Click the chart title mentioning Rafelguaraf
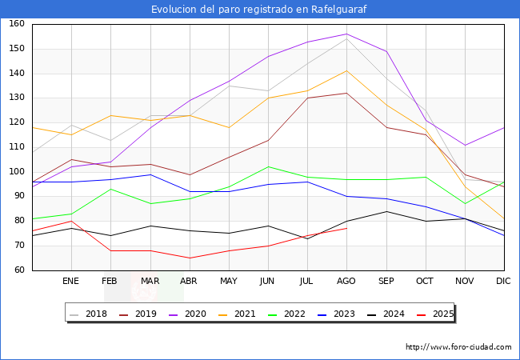[260, 9]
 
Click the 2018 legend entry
[90, 314]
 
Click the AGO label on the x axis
[346, 282]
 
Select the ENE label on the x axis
[71, 282]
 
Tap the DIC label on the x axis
[503, 282]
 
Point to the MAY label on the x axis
[229, 282]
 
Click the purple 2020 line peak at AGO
[346, 34]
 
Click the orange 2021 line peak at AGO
[346, 70]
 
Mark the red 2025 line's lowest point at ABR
[190, 258]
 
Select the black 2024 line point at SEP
[386, 211]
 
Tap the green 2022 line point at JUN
[268, 166]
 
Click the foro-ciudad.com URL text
[458, 347]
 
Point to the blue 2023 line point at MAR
[150, 174]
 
